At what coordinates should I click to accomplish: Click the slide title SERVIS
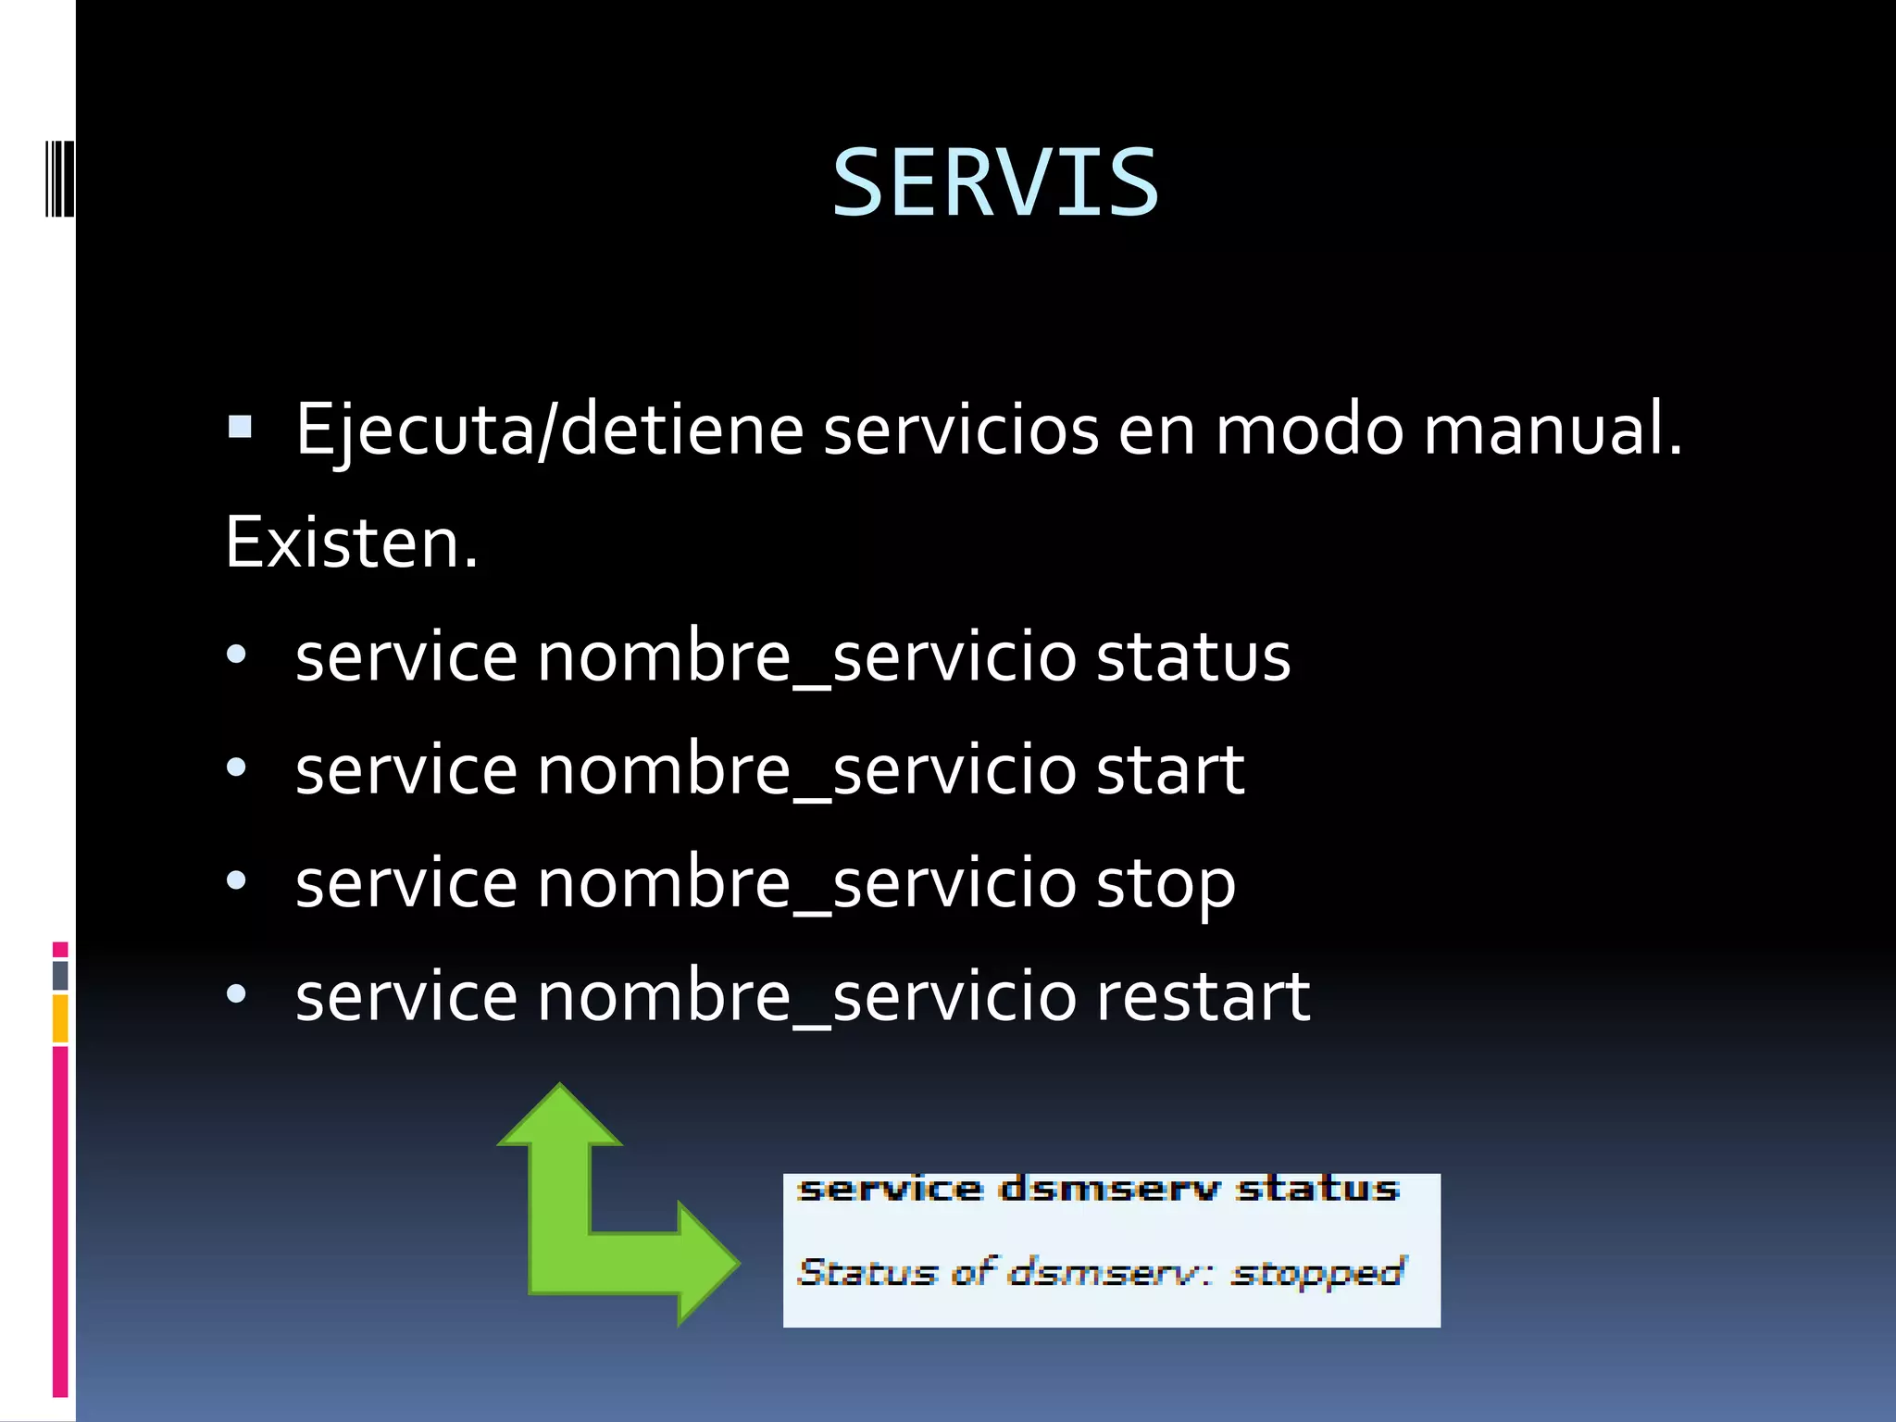[995, 183]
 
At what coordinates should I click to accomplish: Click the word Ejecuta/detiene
[549, 430]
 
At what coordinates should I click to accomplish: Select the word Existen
[351, 543]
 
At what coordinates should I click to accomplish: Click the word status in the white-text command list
[1192, 656]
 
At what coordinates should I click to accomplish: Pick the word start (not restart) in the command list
[1169, 770]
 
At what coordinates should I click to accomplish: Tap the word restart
[1203, 997]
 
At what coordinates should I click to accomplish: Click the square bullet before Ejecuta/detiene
[240, 427]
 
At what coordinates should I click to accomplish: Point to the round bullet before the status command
[237, 655]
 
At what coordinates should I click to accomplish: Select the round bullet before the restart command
[237, 995]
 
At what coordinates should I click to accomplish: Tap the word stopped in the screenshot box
[1317, 1273]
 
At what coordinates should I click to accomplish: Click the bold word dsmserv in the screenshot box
[1109, 1189]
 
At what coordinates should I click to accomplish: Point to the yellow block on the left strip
[60, 1018]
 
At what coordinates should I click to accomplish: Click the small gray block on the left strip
[60, 976]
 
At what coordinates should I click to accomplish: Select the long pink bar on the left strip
[60, 1222]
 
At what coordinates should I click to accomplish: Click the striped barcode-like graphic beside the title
[59, 179]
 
